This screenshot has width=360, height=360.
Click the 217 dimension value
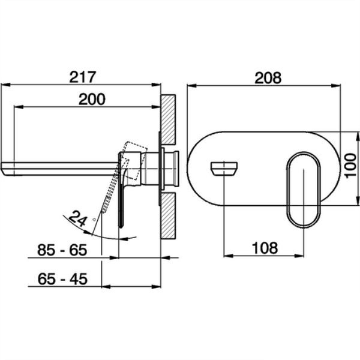click(x=82, y=77)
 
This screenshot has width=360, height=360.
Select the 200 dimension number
click(x=92, y=99)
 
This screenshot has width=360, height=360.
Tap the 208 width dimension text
click(x=268, y=78)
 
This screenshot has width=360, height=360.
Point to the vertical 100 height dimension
click(x=350, y=166)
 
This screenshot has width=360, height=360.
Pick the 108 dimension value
click(x=265, y=248)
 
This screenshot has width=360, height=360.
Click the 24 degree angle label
click(x=78, y=218)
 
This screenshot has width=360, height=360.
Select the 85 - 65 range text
click(x=62, y=250)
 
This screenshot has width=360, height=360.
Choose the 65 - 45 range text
click(x=62, y=279)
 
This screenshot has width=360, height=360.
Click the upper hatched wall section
click(x=168, y=119)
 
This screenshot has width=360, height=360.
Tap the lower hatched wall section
click(x=168, y=216)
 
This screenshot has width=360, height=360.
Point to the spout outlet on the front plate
click(x=224, y=169)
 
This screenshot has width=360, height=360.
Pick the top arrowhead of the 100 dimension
click(x=357, y=137)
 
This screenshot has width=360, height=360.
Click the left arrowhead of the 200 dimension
click(x=19, y=107)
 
